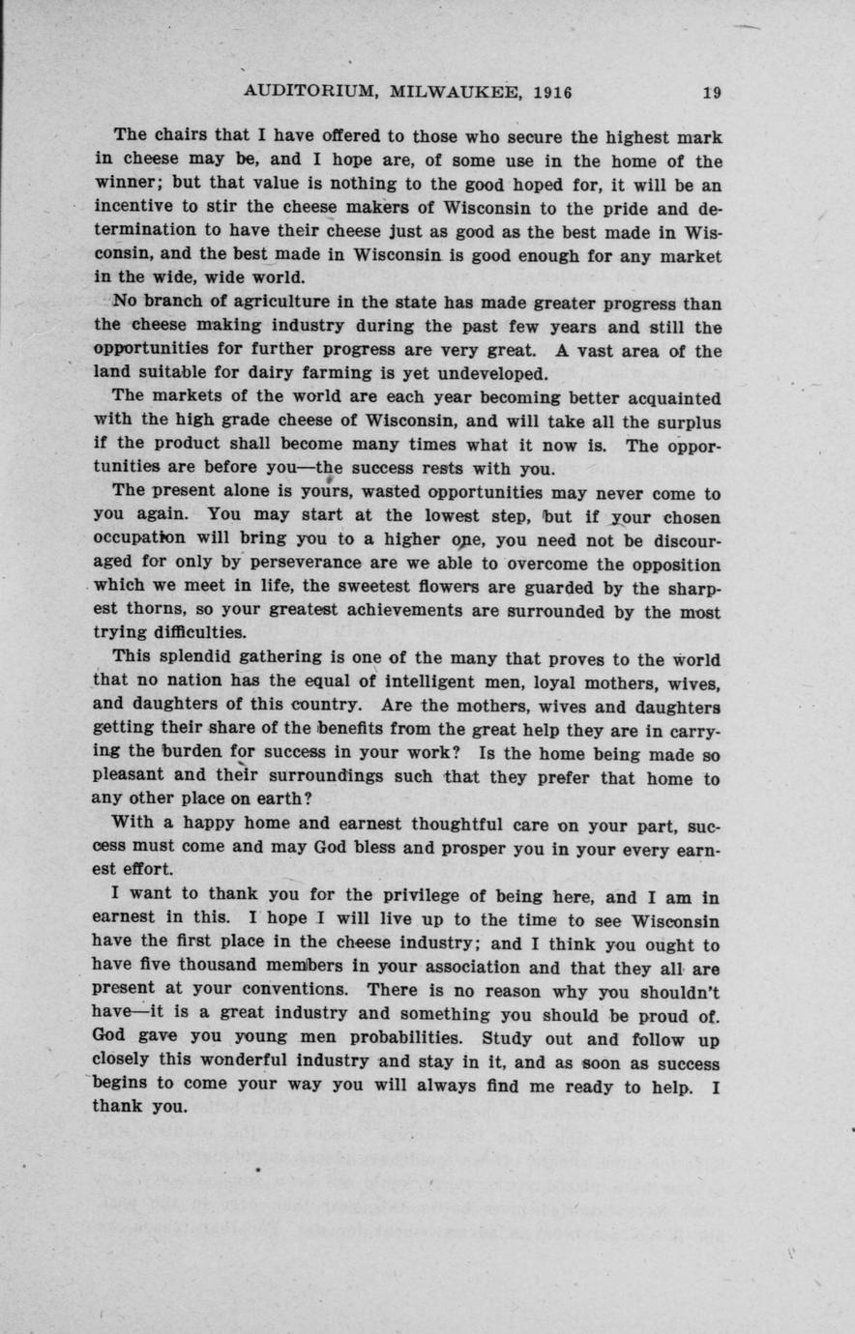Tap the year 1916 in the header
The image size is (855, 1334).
pos(551,93)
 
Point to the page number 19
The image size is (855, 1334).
pos(712,93)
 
